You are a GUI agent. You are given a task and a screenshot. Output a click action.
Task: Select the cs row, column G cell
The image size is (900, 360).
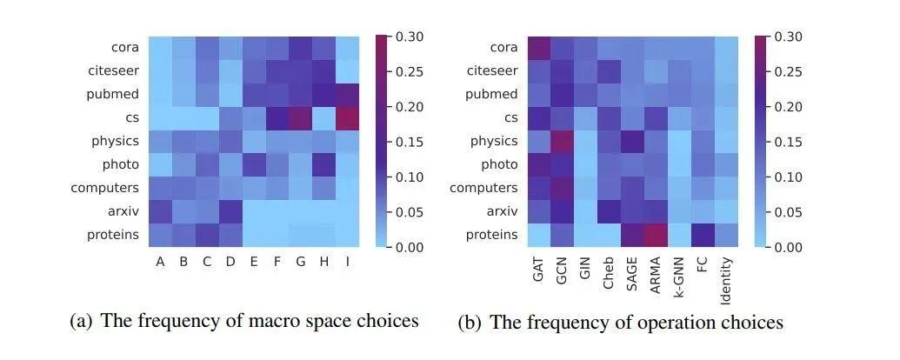(300, 117)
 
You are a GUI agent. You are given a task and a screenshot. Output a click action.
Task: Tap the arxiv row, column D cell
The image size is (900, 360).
(230, 211)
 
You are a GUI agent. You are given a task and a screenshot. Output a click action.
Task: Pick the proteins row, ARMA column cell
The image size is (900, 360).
(657, 235)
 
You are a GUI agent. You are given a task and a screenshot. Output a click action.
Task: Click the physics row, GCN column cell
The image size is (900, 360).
(562, 141)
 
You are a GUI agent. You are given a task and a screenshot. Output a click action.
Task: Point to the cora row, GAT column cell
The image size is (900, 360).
(538, 47)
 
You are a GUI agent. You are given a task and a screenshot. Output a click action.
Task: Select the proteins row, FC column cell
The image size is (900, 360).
(703, 235)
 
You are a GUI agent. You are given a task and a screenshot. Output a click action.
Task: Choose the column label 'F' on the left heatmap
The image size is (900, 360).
(277, 262)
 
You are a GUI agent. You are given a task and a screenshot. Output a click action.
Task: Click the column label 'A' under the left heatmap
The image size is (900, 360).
(160, 262)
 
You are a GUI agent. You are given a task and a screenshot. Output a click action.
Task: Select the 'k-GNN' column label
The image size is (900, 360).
(680, 270)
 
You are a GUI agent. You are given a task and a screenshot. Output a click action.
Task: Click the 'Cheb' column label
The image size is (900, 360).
(609, 270)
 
